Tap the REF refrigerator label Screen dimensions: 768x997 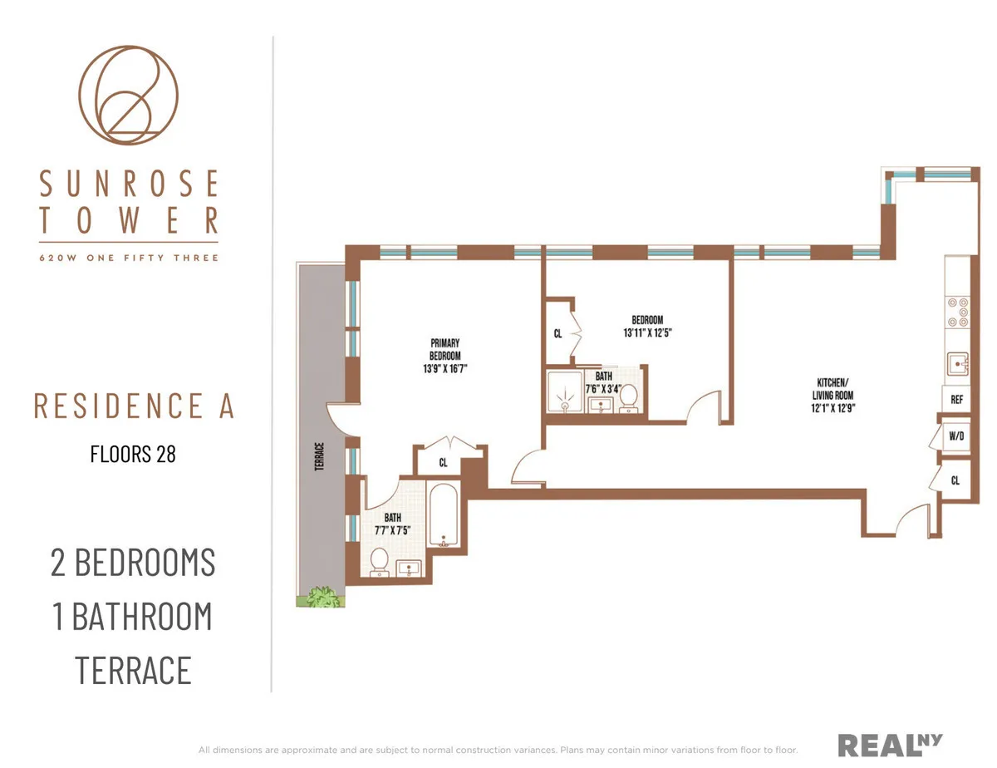pos(956,400)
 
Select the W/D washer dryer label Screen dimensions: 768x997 pos(955,436)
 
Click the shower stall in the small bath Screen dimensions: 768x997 pos(565,391)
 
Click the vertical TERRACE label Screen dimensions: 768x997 pos(318,456)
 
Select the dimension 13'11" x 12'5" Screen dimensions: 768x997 pos(646,333)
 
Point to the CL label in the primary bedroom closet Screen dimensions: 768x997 pos(443,463)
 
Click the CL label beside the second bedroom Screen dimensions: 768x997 pos(557,333)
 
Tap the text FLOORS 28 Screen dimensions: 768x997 pos(133,454)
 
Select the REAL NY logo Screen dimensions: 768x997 pos(890,744)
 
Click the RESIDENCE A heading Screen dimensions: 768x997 pos(134,406)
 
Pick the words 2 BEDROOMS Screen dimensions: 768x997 pos(133,563)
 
